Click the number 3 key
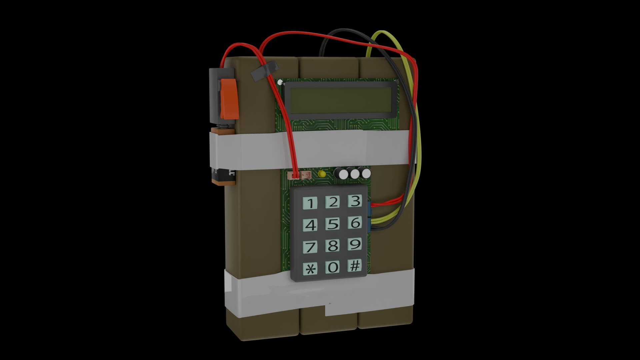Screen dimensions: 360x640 point(355,201)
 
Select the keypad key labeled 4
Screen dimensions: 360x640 point(310,225)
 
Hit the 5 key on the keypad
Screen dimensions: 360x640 point(332,224)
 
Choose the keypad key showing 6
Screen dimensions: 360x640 point(355,222)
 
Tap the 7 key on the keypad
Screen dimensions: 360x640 point(310,247)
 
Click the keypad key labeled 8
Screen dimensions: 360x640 point(332,246)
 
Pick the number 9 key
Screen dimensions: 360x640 point(355,244)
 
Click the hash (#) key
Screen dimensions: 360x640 point(354,266)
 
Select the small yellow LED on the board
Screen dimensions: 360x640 point(322,174)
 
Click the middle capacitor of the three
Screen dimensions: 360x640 point(354,174)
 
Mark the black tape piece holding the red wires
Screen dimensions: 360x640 point(264,71)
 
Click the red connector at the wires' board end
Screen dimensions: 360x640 point(295,175)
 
